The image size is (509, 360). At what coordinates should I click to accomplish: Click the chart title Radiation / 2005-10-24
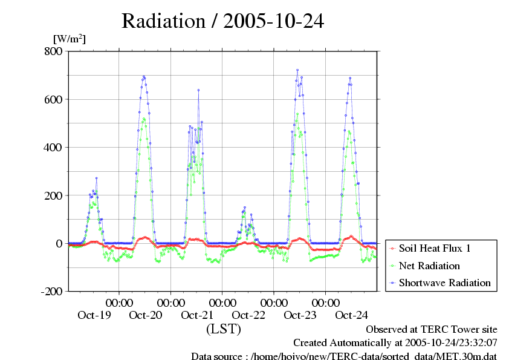[222, 21]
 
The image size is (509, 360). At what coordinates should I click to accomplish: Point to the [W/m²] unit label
[69, 39]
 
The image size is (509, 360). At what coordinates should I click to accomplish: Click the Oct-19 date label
[94, 315]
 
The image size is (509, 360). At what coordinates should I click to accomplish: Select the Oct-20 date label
[146, 315]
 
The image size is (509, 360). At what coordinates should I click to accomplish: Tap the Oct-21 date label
[197, 315]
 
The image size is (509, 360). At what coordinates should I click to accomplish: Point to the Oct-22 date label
[248, 315]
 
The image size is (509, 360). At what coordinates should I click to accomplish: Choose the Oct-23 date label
[300, 315]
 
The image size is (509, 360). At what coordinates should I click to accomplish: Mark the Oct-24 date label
[351, 315]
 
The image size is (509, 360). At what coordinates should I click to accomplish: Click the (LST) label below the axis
[224, 330]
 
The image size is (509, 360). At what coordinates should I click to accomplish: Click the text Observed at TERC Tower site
[432, 330]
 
